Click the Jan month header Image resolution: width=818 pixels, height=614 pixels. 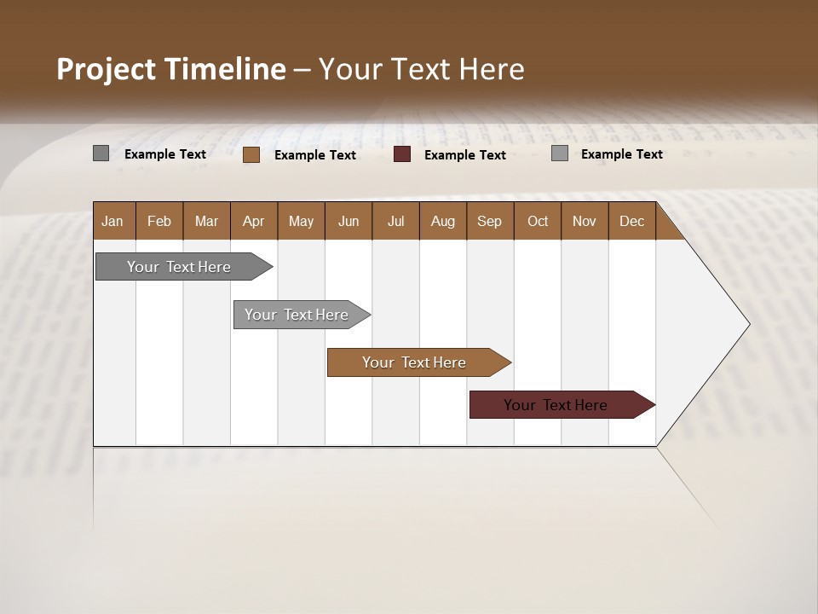[112, 221]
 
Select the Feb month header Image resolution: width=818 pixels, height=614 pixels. [159, 221]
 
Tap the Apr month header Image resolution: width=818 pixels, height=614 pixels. [253, 221]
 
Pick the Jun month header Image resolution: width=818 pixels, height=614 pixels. [349, 221]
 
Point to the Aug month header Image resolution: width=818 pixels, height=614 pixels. [442, 221]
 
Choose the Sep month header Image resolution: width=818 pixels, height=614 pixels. [489, 221]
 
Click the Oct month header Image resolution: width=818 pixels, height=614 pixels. [538, 221]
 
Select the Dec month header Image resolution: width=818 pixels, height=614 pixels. [631, 221]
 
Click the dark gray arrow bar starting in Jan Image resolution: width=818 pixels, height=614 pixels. [180, 267]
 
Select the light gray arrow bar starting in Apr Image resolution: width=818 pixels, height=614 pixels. [297, 315]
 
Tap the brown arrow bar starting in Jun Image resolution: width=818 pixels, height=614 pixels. [414, 362]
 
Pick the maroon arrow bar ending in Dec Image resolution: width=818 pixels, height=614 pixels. [556, 405]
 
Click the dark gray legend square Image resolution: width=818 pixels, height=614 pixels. [101, 153]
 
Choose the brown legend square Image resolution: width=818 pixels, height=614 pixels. [251, 154]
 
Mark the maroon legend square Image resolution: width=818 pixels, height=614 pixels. [402, 154]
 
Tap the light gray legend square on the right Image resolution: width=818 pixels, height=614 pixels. [560, 153]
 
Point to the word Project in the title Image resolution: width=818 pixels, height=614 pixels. [106, 69]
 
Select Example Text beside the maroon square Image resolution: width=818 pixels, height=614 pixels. [464, 155]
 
